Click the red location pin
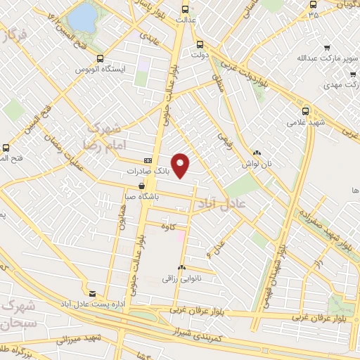pyautogui.click(x=181, y=165)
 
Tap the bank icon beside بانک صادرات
pyautogui.click(x=147, y=160)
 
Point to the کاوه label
pyautogui.click(x=167, y=226)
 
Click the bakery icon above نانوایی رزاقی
pyautogui.click(x=181, y=267)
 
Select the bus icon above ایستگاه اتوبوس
pyautogui.click(x=100, y=59)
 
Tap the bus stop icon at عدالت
pyautogui.click(x=185, y=10)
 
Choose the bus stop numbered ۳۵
pyautogui.click(x=313, y=13)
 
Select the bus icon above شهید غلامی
pyautogui.click(x=305, y=110)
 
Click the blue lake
pyautogui.click(x=84, y=17)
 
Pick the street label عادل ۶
pyautogui.click(x=213, y=246)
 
